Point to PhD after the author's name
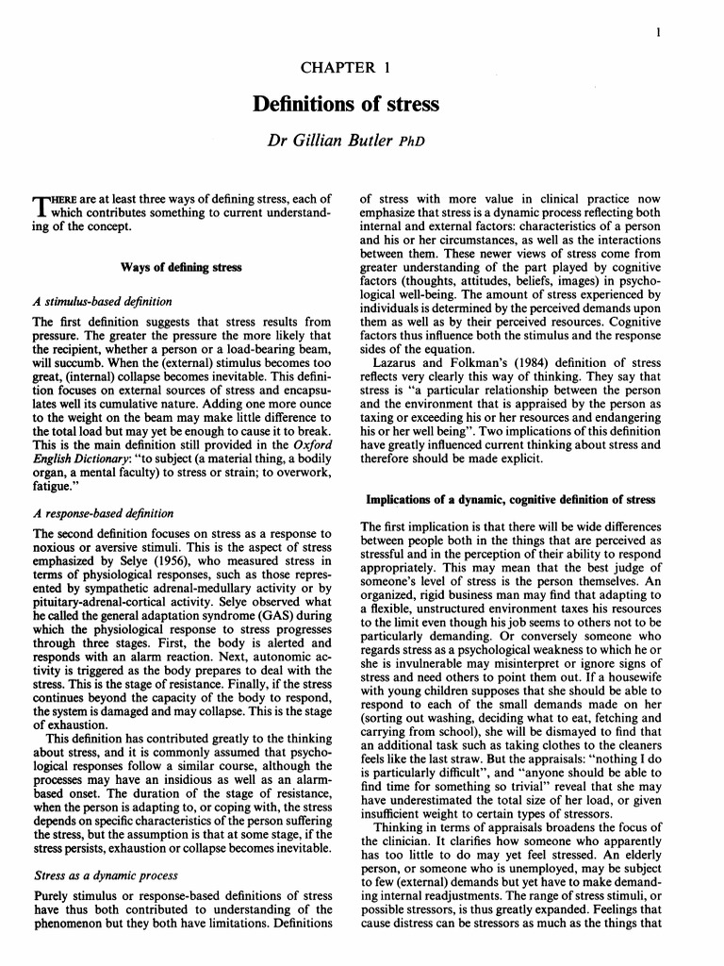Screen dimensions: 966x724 (410, 142)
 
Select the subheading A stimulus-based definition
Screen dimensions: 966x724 (103, 302)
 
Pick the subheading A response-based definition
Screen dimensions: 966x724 (104, 513)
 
